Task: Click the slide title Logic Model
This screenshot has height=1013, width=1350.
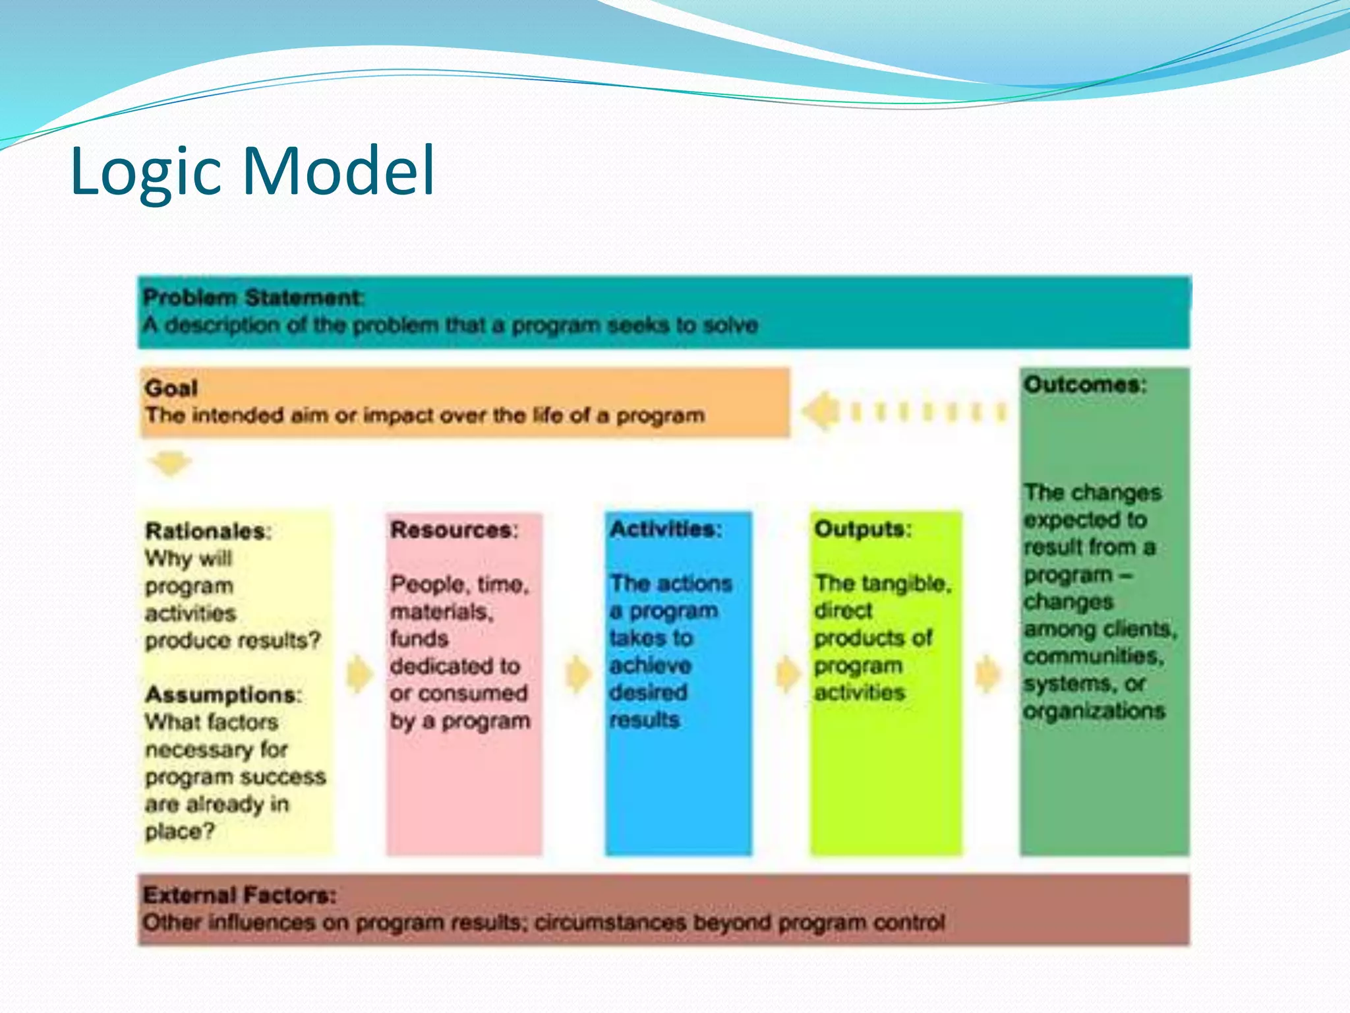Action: click(252, 171)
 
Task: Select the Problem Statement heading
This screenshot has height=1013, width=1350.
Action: click(252, 297)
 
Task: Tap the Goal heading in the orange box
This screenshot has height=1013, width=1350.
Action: click(171, 388)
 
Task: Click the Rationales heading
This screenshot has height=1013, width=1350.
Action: click(208, 531)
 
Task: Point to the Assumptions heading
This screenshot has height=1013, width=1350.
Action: click(223, 694)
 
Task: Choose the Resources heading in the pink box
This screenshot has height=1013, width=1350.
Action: click(454, 530)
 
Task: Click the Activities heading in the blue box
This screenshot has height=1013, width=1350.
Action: click(666, 529)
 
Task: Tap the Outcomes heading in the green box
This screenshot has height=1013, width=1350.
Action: click(1084, 384)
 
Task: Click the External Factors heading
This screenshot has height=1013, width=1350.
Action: click(239, 895)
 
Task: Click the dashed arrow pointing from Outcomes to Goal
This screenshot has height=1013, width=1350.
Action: click(903, 412)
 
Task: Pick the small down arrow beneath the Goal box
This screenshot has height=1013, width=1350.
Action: click(169, 463)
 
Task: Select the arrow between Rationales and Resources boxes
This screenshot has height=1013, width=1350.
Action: click(359, 673)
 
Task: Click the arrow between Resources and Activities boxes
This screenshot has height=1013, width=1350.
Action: click(578, 673)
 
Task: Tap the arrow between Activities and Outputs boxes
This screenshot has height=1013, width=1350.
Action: click(786, 673)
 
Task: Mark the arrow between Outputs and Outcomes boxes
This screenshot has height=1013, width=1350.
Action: click(987, 673)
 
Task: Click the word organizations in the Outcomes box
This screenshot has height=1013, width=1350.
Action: click(1094, 711)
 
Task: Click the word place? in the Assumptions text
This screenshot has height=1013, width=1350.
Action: click(180, 831)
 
